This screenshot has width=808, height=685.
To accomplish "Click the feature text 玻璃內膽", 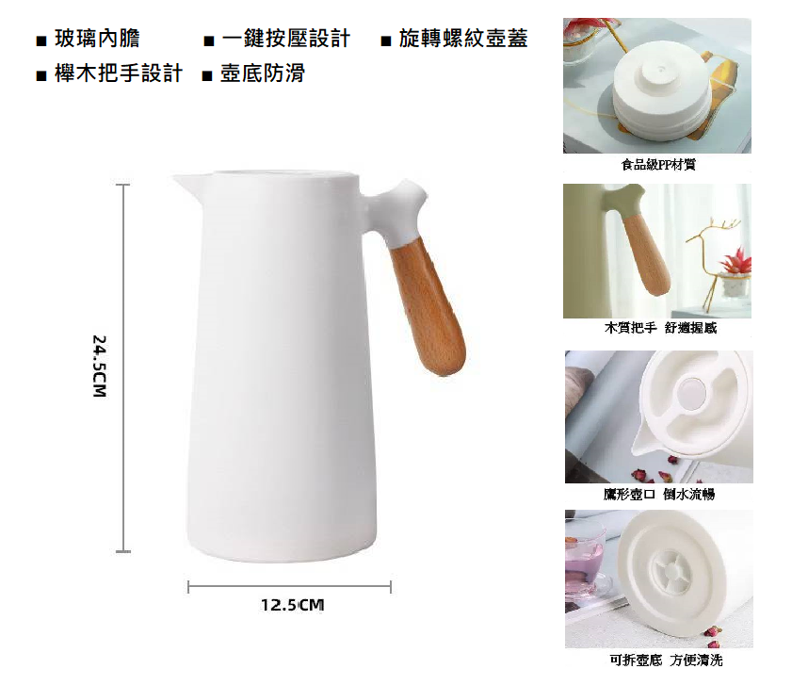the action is (x=97, y=39).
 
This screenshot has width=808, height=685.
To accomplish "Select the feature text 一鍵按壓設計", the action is (x=286, y=39).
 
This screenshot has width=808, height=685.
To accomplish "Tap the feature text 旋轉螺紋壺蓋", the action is (x=463, y=39).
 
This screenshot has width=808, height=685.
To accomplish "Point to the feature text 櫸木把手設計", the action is (x=119, y=73).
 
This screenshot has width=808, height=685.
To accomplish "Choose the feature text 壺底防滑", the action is (x=263, y=73).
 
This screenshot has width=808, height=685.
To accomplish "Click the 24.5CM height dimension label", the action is (x=99, y=366).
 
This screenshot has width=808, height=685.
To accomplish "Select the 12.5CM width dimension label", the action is (x=292, y=605).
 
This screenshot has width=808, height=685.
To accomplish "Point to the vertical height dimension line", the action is (x=123, y=368).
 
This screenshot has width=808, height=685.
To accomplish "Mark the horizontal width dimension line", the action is (x=290, y=587).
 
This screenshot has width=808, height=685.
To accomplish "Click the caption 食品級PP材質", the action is (x=658, y=165).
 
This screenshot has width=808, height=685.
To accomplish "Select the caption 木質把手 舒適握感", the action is (x=661, y=328).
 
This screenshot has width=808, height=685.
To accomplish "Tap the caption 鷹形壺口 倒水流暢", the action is (x=659, y=495).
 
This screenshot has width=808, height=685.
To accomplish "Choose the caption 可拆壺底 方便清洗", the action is (x=666, y=660).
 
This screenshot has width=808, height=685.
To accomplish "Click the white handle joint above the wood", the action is (x=396, y=210).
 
